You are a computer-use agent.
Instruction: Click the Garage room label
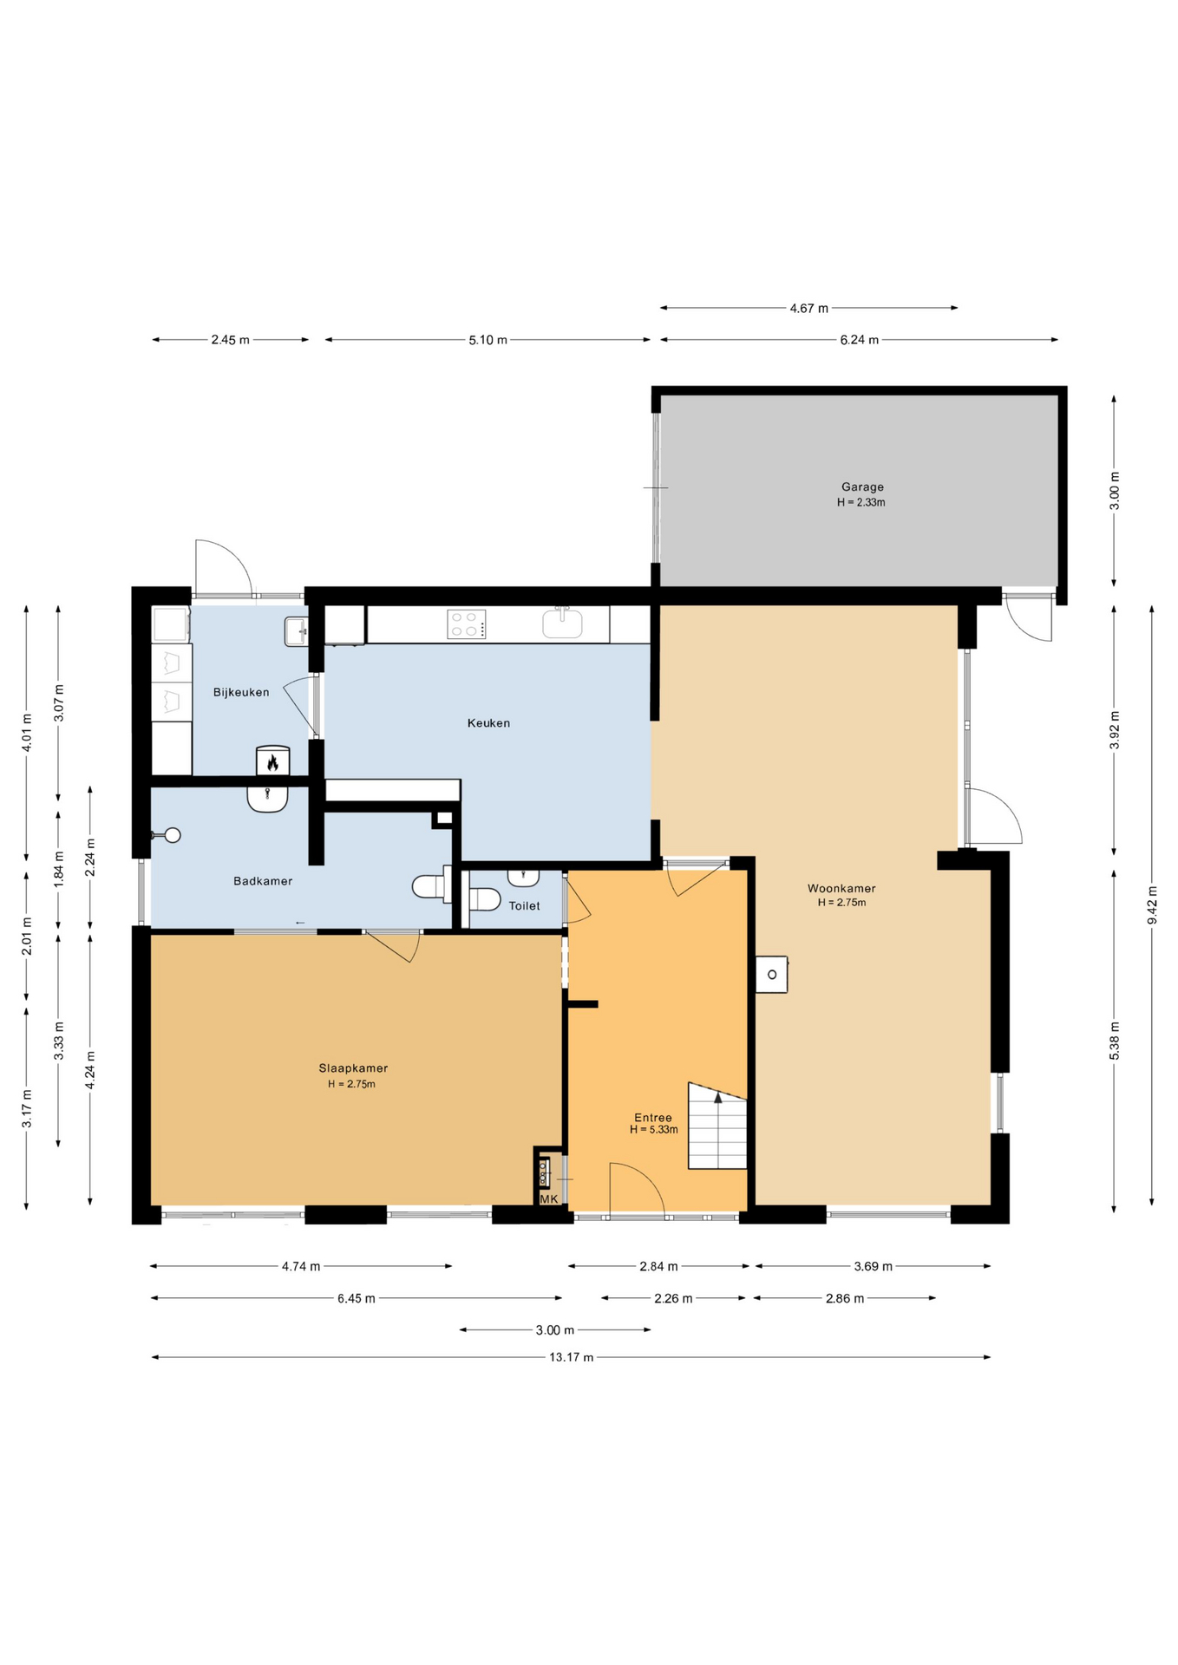click(x=862, y=487)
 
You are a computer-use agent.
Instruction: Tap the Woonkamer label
click(x=841, y=888)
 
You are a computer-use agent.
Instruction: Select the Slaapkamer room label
click(x=353, y=1068)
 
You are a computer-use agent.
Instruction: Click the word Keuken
click(x=488, y=723)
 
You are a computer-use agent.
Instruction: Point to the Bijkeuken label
click(x=241, y=692)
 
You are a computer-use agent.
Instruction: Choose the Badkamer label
click(x=263, y=881)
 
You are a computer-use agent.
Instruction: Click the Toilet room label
click(x=524, y=905)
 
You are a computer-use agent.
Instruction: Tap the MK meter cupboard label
click(x=549, y=1199)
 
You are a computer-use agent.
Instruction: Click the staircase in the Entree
click(x=717, y=1126)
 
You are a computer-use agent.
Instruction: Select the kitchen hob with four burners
click(x=467, y=624)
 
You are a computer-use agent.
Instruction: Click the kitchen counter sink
click(x=562, y=623)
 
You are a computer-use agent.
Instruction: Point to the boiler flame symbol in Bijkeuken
click(x=272, y=762)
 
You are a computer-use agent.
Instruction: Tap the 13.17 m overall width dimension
click(x=571, y=1357)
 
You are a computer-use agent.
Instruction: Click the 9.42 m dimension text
click(x=1152, y=904)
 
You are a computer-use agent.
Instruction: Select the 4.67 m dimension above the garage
click(x=808, y=308)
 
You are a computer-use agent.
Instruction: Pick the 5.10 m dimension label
click(x=488, y=340)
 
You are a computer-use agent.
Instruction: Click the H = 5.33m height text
click(x=653, y=1130)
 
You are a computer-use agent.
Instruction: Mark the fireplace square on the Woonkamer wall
click(x=771, y=975)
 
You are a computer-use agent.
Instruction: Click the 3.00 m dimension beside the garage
click(x=1115, y=491)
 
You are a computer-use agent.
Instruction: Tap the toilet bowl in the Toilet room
click(x=484, y=899)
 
